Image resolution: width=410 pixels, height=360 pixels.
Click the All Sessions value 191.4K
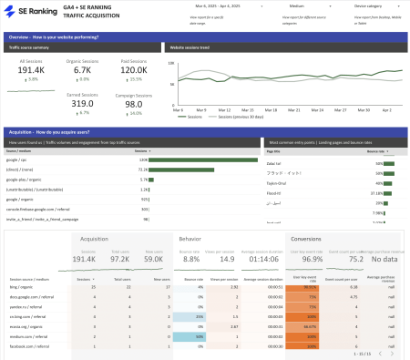pyautogui.click(x=33, y=70)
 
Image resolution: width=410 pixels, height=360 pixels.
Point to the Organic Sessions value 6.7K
pyautogui.click(x=82, y=70)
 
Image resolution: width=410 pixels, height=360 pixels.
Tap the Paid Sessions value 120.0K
pyautogui.click(x=134, y=70)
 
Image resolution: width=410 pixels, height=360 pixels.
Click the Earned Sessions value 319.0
pyautogui.click(x=83, y=104)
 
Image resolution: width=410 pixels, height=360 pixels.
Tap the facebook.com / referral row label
pyautogui.click(x=29, y=345)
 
